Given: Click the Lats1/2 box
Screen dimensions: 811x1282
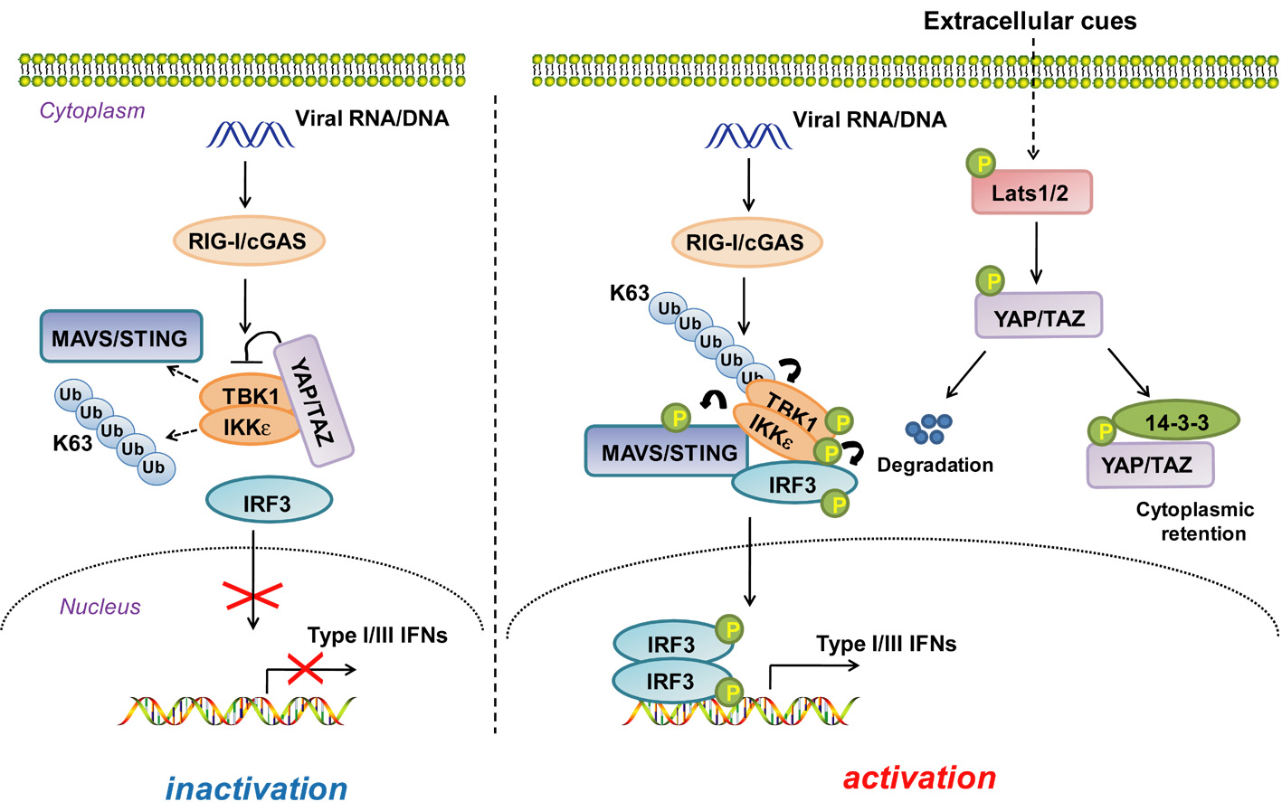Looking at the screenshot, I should pos(1031,193).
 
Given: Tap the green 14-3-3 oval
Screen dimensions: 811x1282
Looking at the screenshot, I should pos(1175,421).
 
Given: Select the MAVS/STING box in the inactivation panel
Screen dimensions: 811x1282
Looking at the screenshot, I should pos(120,337).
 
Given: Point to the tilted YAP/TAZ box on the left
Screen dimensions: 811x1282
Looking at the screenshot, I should pos(313,400).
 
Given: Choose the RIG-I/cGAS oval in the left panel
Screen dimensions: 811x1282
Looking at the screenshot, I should pos(248,240).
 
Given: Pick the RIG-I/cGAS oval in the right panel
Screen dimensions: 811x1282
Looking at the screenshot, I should pos(745,242).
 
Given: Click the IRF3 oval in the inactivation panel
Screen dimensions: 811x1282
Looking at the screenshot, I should pos(268,503).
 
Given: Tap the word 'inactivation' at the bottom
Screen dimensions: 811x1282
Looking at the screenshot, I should pos(256,788).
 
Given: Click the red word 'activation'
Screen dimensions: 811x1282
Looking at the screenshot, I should pos(919,778).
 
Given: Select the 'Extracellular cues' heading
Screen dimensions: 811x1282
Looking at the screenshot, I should pos(1030,21).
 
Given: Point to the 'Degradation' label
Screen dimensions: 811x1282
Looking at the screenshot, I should pos(935,465).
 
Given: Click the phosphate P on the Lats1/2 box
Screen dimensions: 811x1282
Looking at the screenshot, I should pos(981,164).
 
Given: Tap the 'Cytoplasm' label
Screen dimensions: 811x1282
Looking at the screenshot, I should pos(92,110).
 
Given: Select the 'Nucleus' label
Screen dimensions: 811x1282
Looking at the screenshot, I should pos(100,606).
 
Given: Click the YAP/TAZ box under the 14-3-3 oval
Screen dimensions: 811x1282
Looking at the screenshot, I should pos(1149,465).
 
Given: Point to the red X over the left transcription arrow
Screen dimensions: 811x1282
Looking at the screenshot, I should pos(306,669).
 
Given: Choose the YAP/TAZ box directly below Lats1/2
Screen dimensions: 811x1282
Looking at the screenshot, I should pos(1039,316).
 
